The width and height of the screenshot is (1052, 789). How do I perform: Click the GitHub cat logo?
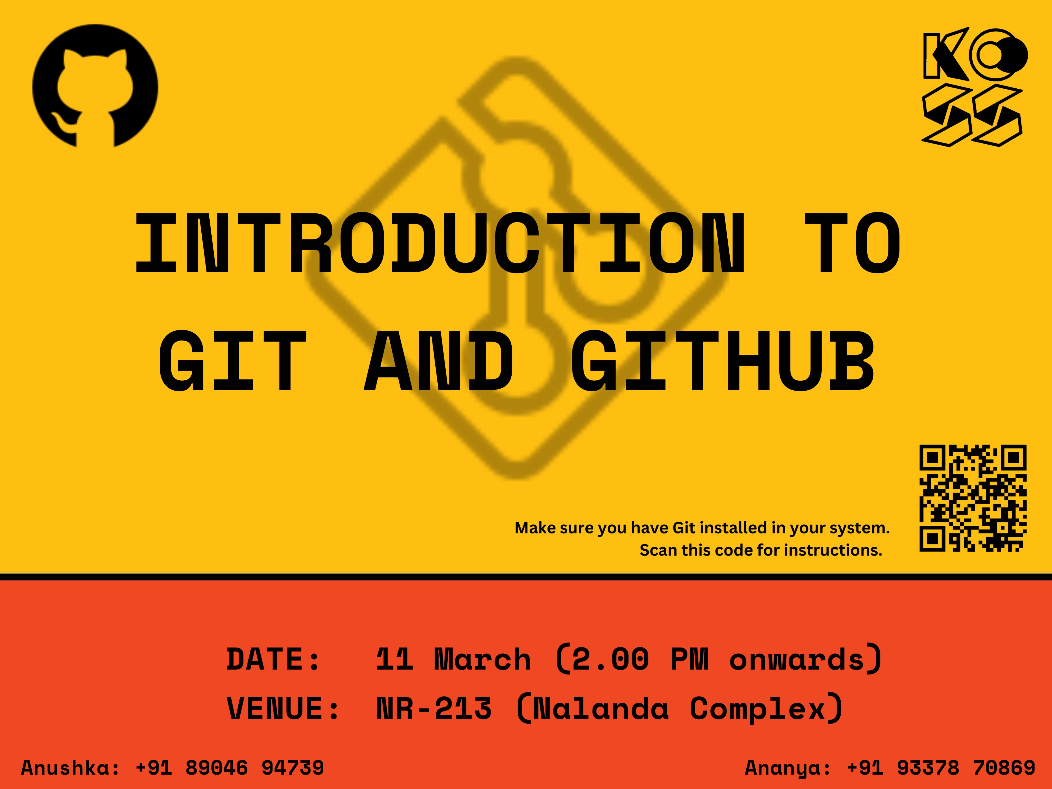[x=95, y=86]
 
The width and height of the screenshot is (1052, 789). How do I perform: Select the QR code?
[x=973, y=498]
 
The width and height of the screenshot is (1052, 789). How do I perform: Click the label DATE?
[x=274, y=660]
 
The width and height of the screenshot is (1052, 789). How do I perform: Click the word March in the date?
[x=482, y=660]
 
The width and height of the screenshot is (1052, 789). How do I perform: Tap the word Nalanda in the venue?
[x=601, y=709]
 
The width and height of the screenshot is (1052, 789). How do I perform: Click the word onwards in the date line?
[x=797, y=660]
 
